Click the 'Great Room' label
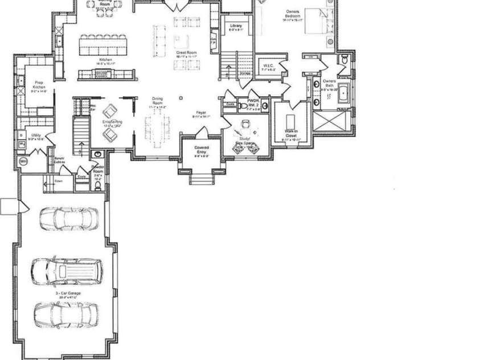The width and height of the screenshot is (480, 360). pyautogui.click(x=186, y=52)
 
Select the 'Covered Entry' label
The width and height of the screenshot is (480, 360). pyautogui.click(x=201, y=150)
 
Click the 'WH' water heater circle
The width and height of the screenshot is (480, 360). pyautogui.click(x=23, y=162)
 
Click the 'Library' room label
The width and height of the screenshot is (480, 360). pyautogui.click(x=236, y=27)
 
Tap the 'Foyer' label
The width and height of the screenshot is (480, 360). pyautogui.click(x=201, y=113)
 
